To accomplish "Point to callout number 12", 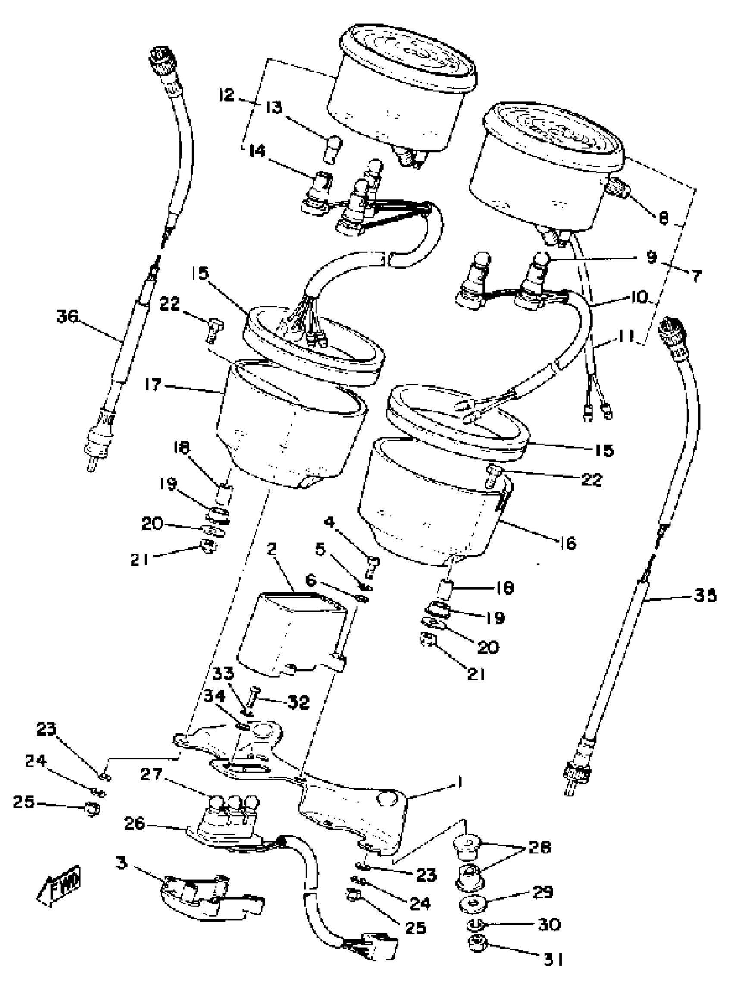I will pyautogui.click(x=227, y=94).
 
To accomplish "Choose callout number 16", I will pyautogui.click(x=568, y=543).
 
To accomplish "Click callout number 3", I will pyautogui.click(x=122, y=862).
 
